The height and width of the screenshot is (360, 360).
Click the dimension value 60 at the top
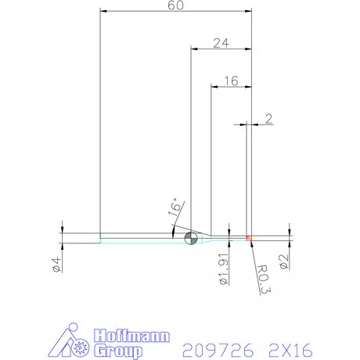(175, 6)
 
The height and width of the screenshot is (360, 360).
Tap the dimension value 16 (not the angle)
(231, 81)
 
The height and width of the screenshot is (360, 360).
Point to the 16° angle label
(175, 208)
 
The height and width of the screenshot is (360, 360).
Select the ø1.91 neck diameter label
(223, 268)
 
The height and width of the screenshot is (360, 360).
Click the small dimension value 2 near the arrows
(269, 119)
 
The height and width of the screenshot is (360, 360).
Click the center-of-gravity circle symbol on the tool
(190, 238)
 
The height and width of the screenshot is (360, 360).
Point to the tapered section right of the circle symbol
(204, 238)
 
